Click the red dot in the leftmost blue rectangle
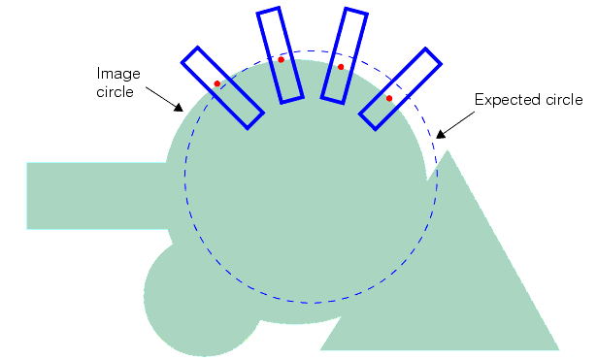tap(217, 84)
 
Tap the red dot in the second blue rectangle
tap(282, 60)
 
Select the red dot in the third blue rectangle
tap(341, 67)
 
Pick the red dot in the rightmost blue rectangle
tap(389, 98)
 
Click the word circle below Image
tap(116, 92)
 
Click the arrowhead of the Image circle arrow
tap(179, 106)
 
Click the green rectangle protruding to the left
tap(97, 196)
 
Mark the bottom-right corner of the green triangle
tap(559, 348)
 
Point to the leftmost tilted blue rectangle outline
tap(222, 86)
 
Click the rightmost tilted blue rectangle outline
tap(401, 87)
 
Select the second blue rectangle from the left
tap(281, 54)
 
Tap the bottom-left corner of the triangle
tap(321, 348)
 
